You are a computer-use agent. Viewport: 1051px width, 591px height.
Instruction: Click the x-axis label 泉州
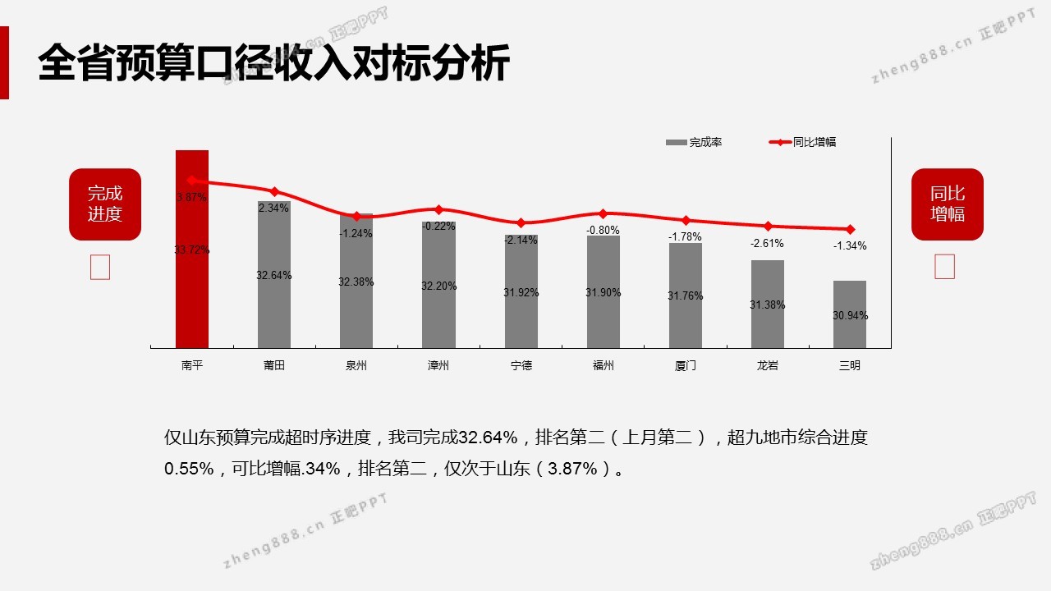tap(356, 365)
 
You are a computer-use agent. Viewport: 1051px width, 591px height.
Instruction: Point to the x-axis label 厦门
tap(686, 365)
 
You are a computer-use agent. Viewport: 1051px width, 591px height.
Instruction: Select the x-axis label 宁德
tap(521, 365)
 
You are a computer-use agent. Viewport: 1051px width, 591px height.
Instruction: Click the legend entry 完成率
tap(695, 142)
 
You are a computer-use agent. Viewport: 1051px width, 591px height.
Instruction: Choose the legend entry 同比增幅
tap(804, 142)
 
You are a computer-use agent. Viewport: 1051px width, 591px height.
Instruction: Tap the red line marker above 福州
tap(604, 213)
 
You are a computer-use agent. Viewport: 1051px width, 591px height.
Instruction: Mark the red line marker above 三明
tap(850, 229)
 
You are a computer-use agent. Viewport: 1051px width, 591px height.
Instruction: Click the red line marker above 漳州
tap(438, 209)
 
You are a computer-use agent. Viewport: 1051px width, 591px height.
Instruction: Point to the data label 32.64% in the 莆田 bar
tap(274, 275)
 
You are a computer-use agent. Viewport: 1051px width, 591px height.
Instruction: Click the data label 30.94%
tap(850, 315)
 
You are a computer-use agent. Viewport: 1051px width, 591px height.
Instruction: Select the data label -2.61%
tap(768, 243)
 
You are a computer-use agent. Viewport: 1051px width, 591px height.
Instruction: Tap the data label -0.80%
tap(604, 230)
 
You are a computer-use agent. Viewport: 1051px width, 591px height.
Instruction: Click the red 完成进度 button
tap(105, 204)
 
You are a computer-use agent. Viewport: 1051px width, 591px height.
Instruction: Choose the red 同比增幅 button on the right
tap(948, 204)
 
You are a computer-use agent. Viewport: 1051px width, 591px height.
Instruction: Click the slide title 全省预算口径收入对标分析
tap(274, 63)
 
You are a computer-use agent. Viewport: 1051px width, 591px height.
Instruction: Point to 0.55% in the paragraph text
tap(189, 469)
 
